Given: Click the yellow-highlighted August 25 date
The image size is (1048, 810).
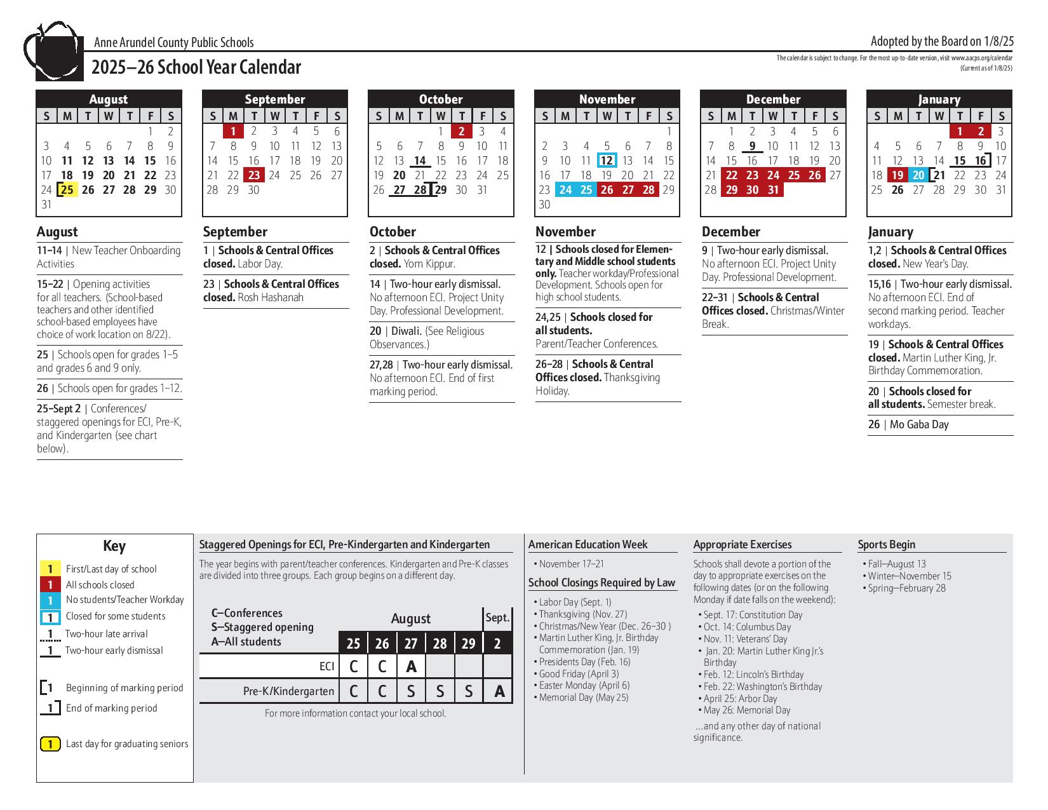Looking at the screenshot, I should pos(67,190).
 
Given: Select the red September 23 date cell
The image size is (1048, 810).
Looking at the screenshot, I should pos(254,175).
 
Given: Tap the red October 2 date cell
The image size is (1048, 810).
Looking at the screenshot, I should pos(462,132).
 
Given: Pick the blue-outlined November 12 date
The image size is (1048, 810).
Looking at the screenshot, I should pos(607,161).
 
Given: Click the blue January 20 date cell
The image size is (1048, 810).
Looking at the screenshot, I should pos(918,175).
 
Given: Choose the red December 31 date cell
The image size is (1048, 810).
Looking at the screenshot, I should pos(773,190).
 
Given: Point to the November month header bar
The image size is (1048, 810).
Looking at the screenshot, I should pos(607,99).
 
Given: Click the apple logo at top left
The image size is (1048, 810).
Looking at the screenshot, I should pos(53,52).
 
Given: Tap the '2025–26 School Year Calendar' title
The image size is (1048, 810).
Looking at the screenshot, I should pos(196,67).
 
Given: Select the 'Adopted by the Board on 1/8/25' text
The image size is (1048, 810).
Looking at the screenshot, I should pos(942,41).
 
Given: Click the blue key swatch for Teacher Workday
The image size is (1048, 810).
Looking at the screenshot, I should pos(50,600).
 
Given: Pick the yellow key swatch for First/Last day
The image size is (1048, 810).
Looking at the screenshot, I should pos(50,569).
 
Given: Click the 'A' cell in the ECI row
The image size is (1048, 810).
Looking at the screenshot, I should pos(412,666).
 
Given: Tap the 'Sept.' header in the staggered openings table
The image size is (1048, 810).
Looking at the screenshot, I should pos(497,618).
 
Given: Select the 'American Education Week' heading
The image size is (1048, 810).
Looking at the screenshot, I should pos(588,544).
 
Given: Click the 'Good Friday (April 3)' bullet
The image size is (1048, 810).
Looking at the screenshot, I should pos(579,674).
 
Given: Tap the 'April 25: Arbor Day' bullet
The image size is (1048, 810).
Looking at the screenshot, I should pos(740,699).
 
